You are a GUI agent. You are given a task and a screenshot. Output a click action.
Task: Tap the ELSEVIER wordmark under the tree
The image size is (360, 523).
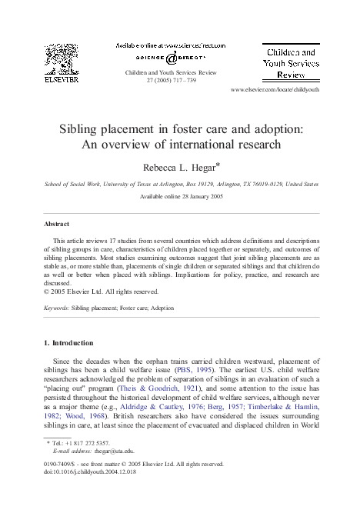(x=61, y=78)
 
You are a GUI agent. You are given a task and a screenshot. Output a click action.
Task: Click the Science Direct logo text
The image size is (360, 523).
(x=171, y=55)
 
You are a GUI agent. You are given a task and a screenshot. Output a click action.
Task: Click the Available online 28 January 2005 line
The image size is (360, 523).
(x=180, y=198)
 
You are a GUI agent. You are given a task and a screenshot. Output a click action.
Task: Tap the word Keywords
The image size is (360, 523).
(x=57, y=308)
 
